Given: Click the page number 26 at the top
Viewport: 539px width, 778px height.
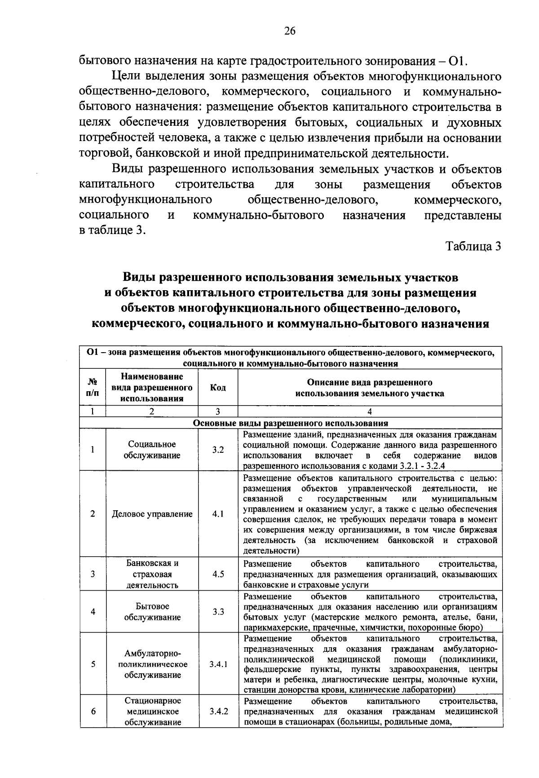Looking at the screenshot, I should pyautogui.click(x=290, y=31).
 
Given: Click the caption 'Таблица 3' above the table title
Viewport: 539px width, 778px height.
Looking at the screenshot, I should pyautogui.click(x=473, y=246).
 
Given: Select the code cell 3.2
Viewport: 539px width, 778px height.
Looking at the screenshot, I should pyautogui.click(x=218, y=450).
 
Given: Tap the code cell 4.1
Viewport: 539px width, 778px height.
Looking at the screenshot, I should pyautogui.click(x=218, y=514).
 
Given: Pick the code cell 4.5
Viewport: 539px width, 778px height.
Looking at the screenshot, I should pyautogui.click(x=218, y=574).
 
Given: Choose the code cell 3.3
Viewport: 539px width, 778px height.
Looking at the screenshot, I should pyautogui.click(x=218, y=612).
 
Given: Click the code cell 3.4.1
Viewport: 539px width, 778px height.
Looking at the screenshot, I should pyautogui.click(x=218, y=664).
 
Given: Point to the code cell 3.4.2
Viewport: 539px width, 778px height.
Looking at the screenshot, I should pyautogui.click(x=218, y=712).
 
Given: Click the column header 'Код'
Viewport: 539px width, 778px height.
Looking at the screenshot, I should pyautogui.click(x=218, y=388).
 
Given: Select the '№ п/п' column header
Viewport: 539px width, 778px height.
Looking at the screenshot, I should pyautogui.click(x=93, y=388).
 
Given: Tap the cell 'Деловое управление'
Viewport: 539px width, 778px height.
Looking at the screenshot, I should pyautogui.click(x=152, y=514).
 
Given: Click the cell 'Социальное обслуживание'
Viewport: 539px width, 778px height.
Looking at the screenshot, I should pyautogui.click(x=152, y=450).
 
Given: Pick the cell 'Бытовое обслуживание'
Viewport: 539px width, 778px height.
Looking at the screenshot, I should pyautogui.click(x=152, y=612).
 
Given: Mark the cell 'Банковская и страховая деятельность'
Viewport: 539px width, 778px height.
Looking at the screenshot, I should pyautogui.click(x=152, y=574).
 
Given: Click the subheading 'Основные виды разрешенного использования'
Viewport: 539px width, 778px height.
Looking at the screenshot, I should pyautogui.click(x=290, y=423).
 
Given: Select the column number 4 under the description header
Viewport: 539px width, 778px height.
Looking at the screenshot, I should pyautogui.click(x=369, y=411).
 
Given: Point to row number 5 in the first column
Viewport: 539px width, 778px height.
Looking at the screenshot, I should pyautogui.click(x=93, y=664).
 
